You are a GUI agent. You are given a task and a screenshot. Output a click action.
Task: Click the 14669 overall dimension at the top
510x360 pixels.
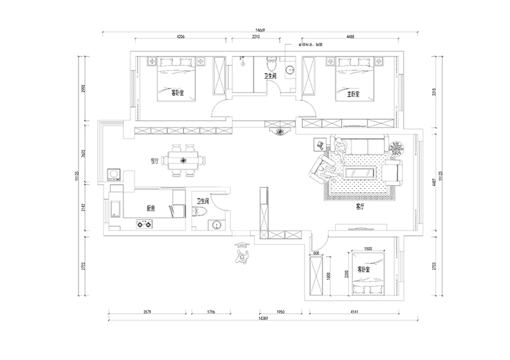click(259, 30)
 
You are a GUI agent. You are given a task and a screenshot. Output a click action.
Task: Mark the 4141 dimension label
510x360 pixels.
click(354, 312)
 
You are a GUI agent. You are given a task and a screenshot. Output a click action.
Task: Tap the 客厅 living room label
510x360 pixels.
click(360, 206)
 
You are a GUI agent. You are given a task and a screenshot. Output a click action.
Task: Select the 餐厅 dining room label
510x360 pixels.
click(155, 161)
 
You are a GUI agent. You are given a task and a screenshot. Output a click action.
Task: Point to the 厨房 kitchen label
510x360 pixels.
click(150, 208)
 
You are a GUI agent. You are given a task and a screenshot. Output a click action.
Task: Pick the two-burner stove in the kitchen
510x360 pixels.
click(145, 223)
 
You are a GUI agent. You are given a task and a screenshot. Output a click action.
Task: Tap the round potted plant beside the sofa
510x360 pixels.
click(397, 147)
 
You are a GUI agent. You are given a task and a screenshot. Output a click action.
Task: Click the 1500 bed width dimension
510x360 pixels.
click(367, 249)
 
